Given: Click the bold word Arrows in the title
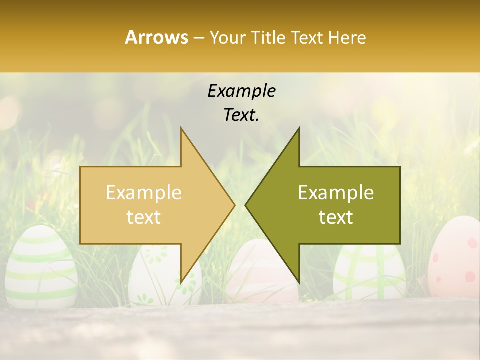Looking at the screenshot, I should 156,37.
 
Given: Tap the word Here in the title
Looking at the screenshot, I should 347,37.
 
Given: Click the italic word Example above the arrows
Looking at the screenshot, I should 241,91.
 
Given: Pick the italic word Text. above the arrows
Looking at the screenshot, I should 241,115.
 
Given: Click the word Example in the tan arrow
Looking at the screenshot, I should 144,192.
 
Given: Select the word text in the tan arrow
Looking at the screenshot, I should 144,217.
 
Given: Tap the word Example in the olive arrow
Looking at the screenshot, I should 336,192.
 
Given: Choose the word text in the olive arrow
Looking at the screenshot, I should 336,217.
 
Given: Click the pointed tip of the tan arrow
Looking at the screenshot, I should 234,205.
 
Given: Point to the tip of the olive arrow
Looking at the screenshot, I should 246,205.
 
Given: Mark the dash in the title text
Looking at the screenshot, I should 198,38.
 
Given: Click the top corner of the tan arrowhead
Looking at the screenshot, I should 181,129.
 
